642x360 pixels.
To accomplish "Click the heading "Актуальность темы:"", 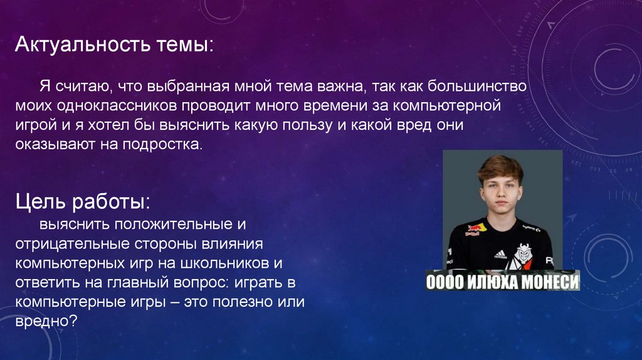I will coord(114,45).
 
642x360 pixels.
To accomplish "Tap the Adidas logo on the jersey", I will coord(500,253).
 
